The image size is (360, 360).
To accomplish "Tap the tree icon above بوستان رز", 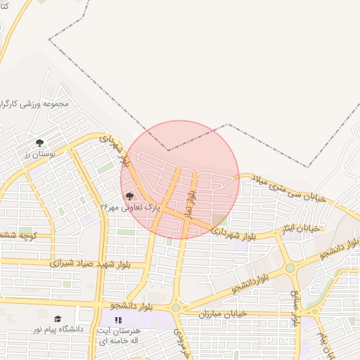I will (39, 143).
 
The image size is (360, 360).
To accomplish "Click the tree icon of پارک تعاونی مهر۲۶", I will (129, 197).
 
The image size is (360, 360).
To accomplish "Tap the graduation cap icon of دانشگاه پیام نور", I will (57, 319).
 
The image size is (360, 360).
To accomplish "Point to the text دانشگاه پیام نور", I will (58, 329).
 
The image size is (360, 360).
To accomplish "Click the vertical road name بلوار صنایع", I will (295, 308).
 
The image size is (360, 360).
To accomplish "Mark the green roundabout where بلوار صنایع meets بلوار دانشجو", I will (290, 268).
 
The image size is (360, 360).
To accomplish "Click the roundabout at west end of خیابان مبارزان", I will (175, 307).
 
